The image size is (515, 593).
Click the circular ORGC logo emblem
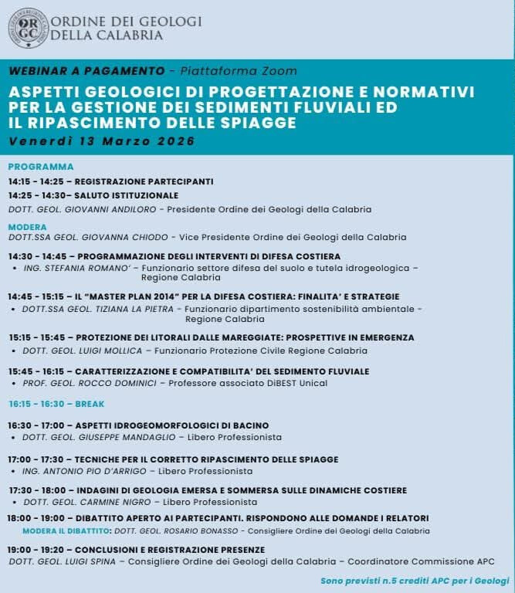pos(27,27)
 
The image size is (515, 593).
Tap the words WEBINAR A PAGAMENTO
pos(86,70)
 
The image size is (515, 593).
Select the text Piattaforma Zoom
pos(238,70)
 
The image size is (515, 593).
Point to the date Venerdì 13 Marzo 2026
pos(103,141)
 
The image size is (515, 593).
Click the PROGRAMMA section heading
pos(41,167)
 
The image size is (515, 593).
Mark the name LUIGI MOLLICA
pos(108,349)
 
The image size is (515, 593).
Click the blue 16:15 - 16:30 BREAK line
pos(56,404)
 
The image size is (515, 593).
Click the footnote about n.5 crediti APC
pos(415,580)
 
